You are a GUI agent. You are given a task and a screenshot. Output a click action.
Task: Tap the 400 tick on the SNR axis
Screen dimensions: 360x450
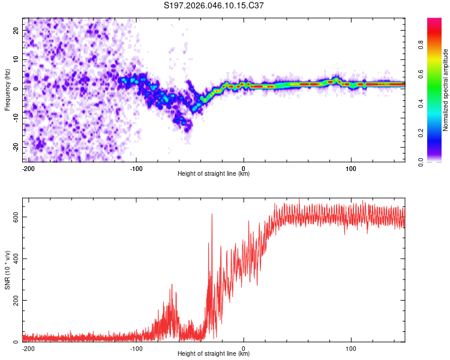(x=14, y=259)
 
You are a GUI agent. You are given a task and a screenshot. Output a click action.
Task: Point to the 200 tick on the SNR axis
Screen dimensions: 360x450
(x=14, y=300)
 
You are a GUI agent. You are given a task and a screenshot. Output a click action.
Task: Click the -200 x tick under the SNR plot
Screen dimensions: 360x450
(x=28, y=348)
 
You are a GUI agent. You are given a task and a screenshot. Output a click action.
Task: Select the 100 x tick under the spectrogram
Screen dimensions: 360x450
(x=351, y=168)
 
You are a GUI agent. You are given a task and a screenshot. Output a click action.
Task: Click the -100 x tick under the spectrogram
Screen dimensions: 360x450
(x=136, y=168)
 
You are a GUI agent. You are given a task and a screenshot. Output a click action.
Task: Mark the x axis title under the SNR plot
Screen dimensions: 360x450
(x=214, y=354)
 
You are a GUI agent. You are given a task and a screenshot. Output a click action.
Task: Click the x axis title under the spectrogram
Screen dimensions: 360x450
(x=214, y=174)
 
